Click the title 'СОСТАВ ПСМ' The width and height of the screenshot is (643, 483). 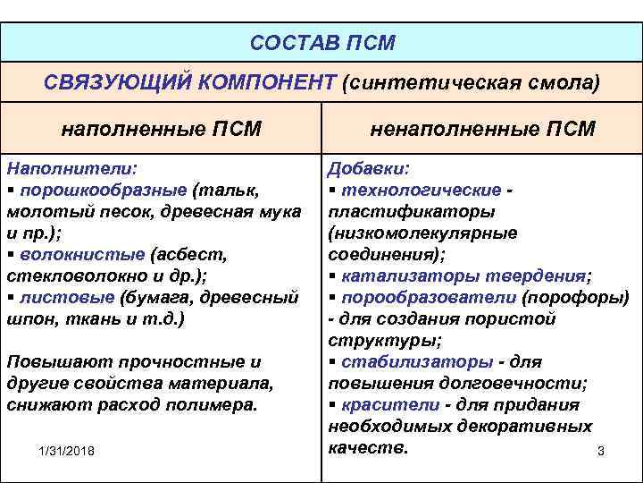pos(321,43)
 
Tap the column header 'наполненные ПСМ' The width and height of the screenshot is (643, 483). pos(161,129)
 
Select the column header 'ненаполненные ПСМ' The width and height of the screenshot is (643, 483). pos(482,129)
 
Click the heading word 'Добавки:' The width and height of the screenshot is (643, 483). pos(369,167)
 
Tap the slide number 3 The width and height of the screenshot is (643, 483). pos(601,451)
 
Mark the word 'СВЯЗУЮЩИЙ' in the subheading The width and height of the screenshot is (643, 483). pos(111,82)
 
